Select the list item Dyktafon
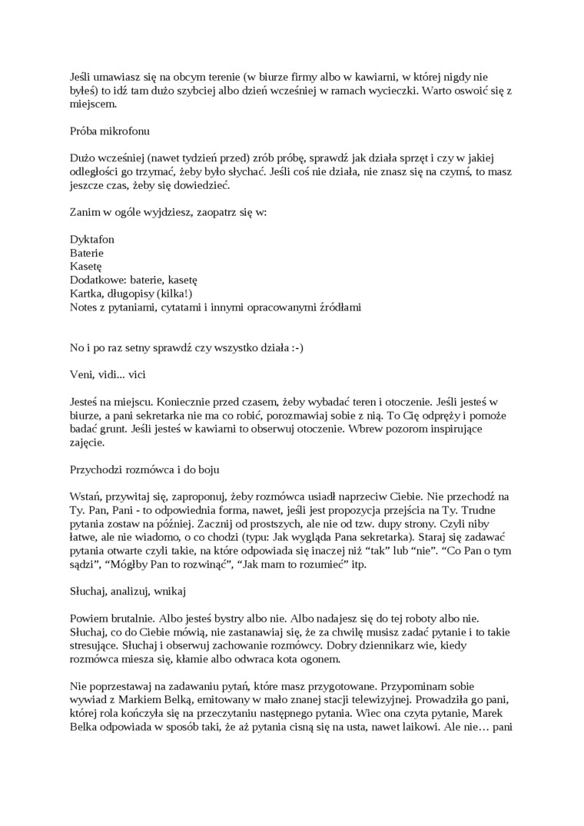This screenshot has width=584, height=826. pos(92,239)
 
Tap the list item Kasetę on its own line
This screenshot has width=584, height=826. pos(87,266)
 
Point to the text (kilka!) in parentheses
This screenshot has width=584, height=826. pos(174,294)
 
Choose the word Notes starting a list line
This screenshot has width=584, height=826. pos(85,307)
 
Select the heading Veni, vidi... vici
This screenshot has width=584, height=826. pos(108,374)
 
